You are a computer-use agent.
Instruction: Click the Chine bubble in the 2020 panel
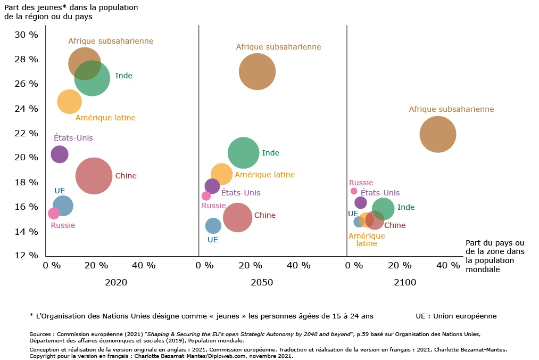tap(94, 176)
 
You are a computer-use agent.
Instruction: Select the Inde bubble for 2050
tap(243, 153)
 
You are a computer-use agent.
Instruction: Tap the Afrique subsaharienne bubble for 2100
tap(438, 134)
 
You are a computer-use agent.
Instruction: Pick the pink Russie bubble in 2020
tap(54, 214)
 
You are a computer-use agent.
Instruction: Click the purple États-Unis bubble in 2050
tap(212, 186)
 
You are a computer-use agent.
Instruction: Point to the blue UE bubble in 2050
tap(213, 226)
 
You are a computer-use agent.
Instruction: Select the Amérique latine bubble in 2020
tap(69, 102)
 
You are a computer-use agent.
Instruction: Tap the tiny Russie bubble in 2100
tap(354, 191)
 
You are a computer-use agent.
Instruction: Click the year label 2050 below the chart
tap(262, 283)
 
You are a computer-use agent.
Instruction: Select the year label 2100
tap(405, 283)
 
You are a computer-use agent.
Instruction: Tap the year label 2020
tap(116, 283)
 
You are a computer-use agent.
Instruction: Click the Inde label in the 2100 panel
tap(406, 208)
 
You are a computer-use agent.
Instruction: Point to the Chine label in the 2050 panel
tap(265, 216)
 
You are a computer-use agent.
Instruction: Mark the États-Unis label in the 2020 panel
tap(73, 138)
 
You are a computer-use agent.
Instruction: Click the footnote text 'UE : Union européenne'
tap(456, 316)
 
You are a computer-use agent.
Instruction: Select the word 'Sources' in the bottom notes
tap(41, 334)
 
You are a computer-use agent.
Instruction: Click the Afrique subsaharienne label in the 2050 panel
tap(278, 47)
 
